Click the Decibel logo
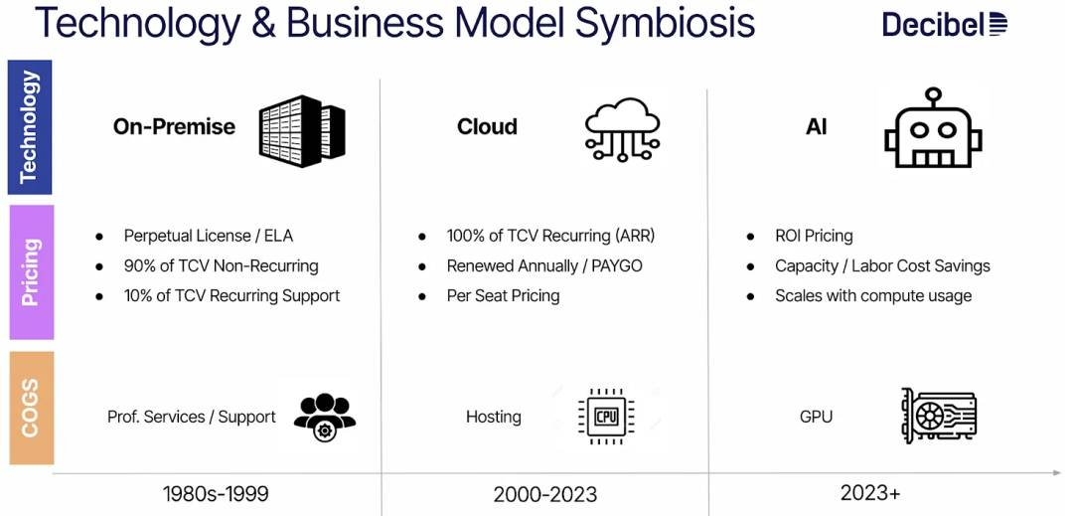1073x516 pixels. pyautogui.click(x=945, y=25)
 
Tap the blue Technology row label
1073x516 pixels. pyautogui.click(x=30, y=128)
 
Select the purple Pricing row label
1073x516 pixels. pyautogui.click(x=31, y=272)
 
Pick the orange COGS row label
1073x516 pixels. pyautogui.click(x=31, y=409)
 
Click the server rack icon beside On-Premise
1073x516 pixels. pyautogui.click(x=302, y=130)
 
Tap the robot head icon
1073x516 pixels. pyautogui.click(x=933, y=128)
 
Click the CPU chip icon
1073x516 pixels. pyautogui.click(x=606, y=417)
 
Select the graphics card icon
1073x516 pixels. pyautogui.click(x=938, y=415)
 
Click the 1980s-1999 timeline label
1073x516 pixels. pyautogui.click(x=216, y=493)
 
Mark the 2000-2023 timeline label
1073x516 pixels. pyautogui.click(x=544, y=494)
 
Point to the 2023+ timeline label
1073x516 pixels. pyautogui.click(x=870, y=492)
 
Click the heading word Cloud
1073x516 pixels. pyautogui.click(x=487, y=126)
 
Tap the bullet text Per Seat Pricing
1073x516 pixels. pyautogui.click(x=503, y=295)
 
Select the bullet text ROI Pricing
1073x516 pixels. pyautogui.click(x=814, y=236)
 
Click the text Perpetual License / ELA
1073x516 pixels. pyautogui.click(x=208, y=236)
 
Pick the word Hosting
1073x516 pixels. pyautogui.click(x=494, y=417)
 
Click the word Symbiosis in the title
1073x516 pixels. pyautogui.click(x=665, y=22)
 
